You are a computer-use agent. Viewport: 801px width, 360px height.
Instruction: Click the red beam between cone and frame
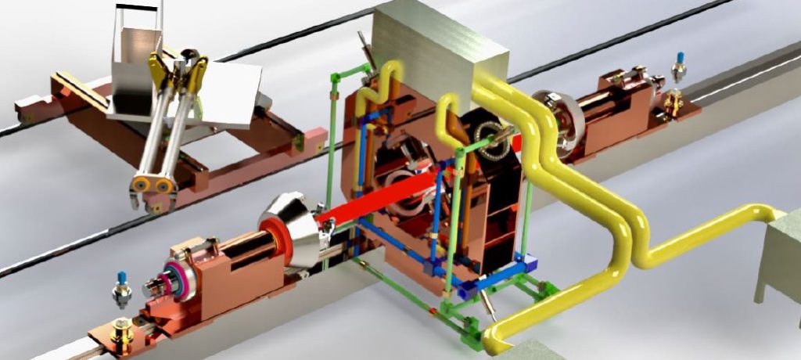pyautogui.click(x=375, y=200)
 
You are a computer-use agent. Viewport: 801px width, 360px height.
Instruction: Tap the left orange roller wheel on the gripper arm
pyautogui.click(x=142, y=185)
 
